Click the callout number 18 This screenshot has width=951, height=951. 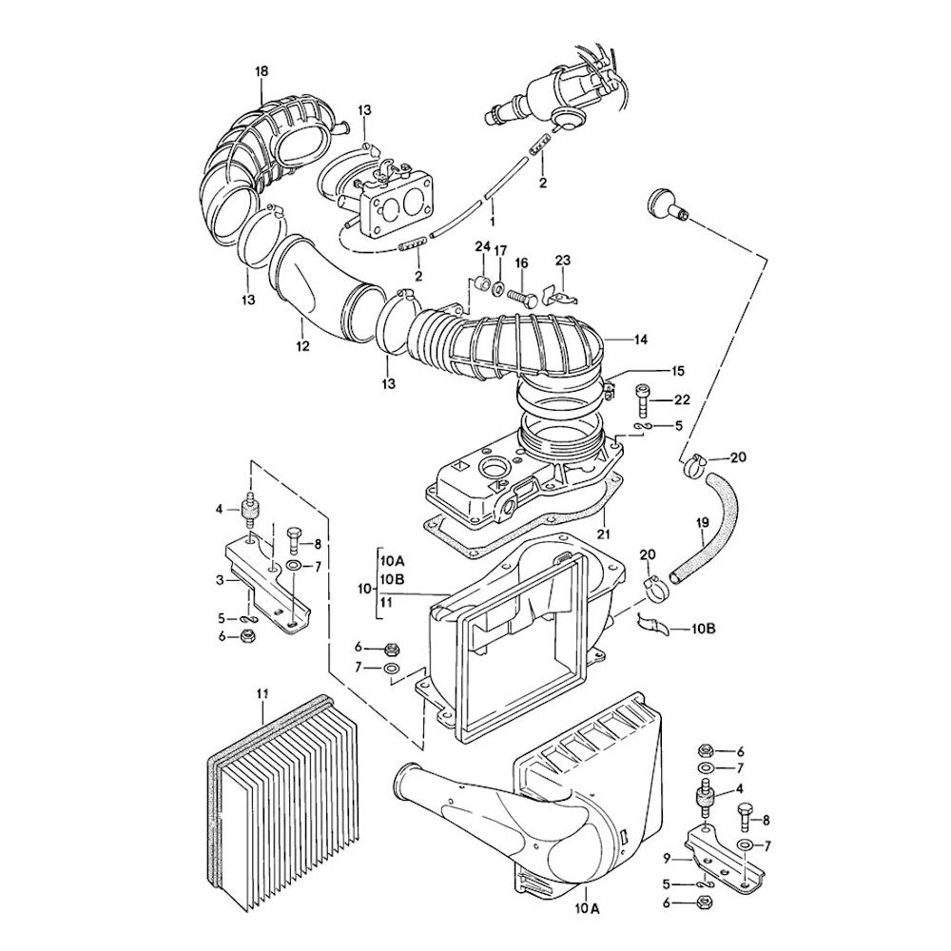[262, 71]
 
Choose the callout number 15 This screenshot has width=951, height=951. [650, 370]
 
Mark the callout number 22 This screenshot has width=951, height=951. [682, 399]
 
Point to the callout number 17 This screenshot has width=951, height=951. [500, 250]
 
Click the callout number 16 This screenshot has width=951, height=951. [521, 263]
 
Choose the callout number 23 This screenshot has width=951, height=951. [562, 260]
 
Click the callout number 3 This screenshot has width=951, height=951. [220, 580]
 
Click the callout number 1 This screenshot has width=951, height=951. [492, 220]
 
